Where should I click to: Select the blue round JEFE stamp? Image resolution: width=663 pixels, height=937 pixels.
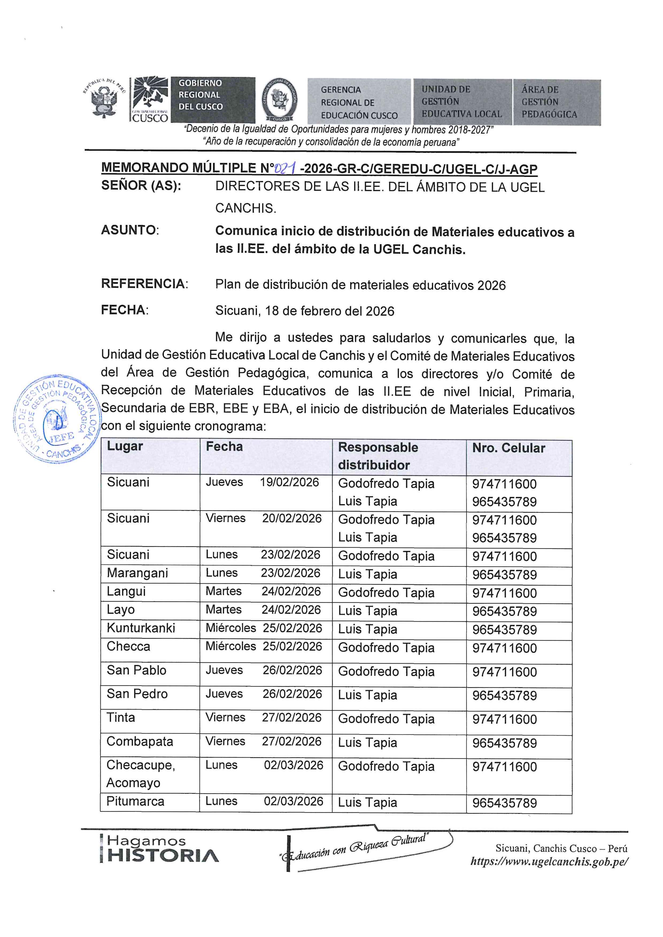coord(56,419)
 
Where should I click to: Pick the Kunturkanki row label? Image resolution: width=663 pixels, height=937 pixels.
coord(141,628)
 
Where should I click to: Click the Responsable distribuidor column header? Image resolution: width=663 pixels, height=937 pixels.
coord(378,456)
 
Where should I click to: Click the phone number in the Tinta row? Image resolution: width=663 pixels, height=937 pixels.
coord(504,719)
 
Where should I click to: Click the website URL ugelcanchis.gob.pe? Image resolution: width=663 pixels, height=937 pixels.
coord(549,861)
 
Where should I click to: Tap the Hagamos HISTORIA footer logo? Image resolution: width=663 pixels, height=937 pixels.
coord(159,849)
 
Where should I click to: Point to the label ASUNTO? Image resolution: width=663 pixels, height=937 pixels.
coord(129,230)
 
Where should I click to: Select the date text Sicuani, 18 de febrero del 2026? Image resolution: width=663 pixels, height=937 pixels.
coord(304,311)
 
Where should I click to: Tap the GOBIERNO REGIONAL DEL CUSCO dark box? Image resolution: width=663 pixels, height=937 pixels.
coord(212,100)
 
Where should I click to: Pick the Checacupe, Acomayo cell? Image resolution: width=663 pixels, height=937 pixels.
coord(141,774)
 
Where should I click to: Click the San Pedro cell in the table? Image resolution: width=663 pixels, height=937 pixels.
coord(137,694)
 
